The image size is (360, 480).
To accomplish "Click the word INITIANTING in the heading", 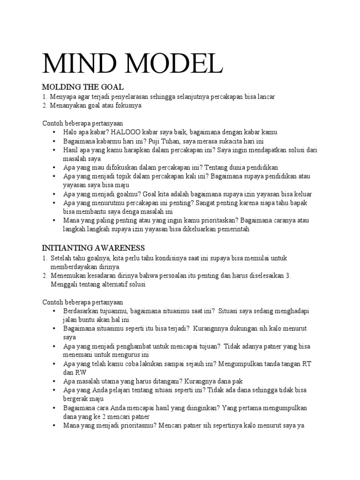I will coord(67,247).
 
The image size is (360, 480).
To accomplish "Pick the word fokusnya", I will coord(126,106).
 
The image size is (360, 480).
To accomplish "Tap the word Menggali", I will coord(64,284).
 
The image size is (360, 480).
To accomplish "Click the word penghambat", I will coord(127,346).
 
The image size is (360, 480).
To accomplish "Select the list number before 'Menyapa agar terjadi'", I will coord(45,97).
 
